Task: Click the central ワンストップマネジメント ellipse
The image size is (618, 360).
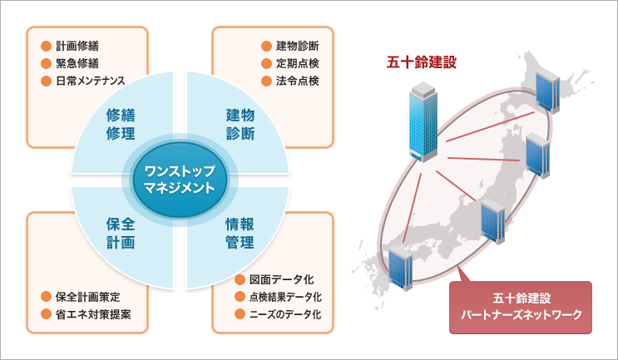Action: click(x=180, y=180)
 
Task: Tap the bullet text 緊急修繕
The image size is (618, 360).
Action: click(x=82, y=64)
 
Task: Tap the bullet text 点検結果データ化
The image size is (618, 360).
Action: click(x=285, y=297)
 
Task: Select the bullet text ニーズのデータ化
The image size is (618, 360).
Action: click(x=284, y=314)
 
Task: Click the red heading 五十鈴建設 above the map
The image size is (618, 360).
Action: click(x=422, y=62)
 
